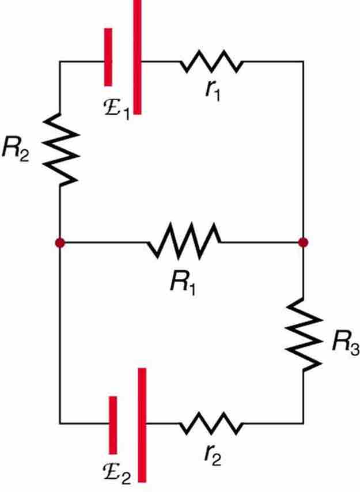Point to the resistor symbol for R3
(304, 334)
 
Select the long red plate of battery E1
(137, 58)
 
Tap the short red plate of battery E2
(113, 425)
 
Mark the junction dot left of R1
(60, 243)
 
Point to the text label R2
(16, 149)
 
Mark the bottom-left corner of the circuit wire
(60, 423)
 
